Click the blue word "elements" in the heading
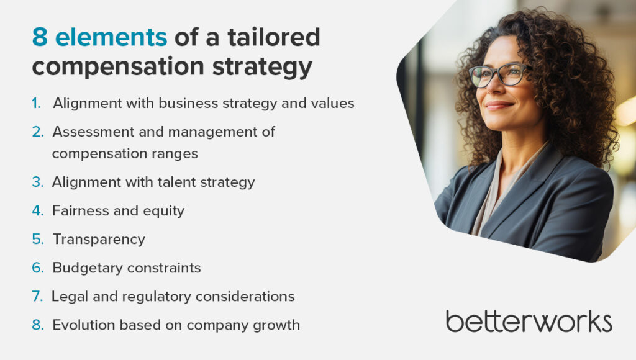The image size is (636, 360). point(111,37)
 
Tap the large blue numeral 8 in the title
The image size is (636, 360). point(40,37)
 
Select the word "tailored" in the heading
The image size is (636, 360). point(274,37)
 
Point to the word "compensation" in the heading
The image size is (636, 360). point(118,67)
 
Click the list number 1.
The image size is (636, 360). point(37,104)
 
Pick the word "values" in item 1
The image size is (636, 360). point(333,104)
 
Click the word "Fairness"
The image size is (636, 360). point(81,211)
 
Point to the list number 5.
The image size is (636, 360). point(38,239)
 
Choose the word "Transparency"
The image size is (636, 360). point(99,240)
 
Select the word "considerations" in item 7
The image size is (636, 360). point(245,297)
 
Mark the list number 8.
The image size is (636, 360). point(38,325)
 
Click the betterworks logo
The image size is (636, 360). point(529,322)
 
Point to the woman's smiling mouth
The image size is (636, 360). point(498,106)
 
